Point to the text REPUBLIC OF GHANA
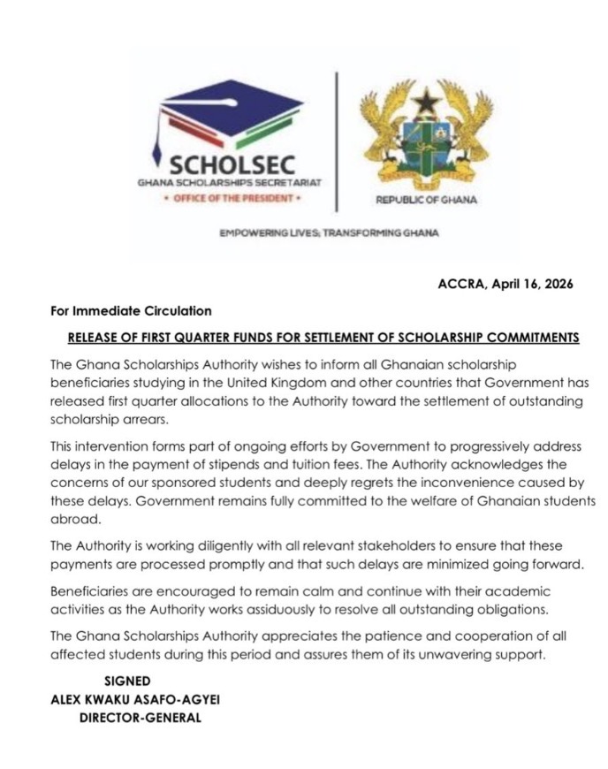coord(426,200)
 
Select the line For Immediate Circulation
coord(131,311)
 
